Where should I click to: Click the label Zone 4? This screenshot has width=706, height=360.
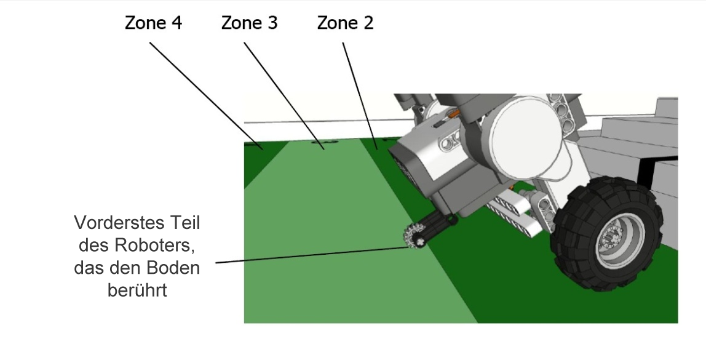[x=154, y=23]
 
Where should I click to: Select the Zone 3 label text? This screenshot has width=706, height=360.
[x=249, y=23]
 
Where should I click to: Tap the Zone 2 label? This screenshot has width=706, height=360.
[x=345, y=23]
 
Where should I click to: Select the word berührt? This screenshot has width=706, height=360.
[x=137, y=290]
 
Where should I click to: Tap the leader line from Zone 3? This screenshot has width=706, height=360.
[x=280, y=92]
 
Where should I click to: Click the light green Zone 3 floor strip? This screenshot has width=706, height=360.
[x=344, y=258]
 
